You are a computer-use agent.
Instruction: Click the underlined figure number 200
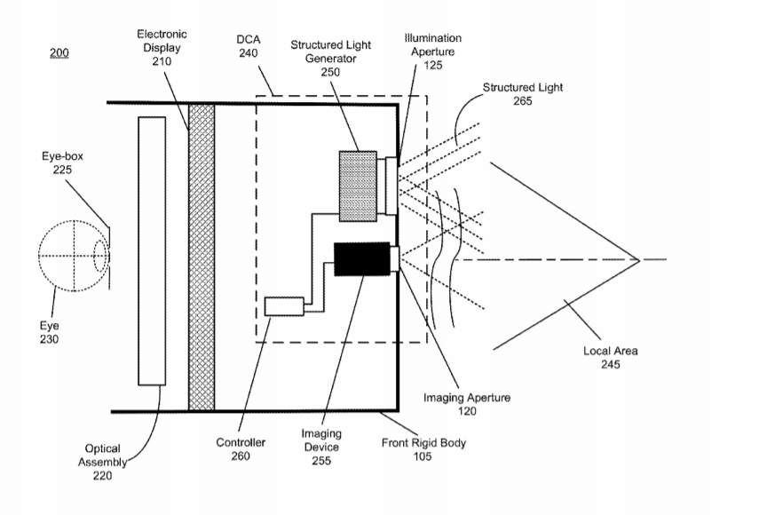59,52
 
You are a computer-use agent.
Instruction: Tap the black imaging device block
362,259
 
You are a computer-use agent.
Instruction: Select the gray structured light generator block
359,186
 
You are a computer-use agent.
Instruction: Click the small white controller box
284,306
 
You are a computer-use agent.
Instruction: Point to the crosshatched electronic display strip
202,257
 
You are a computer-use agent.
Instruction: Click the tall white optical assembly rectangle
152,250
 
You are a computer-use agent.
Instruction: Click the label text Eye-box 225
62,162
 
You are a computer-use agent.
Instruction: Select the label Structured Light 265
523,94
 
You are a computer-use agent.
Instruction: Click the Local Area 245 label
611,357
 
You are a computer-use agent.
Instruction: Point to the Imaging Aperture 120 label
467,404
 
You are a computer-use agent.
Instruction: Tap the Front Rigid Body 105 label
423,449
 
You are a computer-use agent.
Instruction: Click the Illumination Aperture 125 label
432,51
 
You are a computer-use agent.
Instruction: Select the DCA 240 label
249,46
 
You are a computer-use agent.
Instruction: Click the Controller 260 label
241,448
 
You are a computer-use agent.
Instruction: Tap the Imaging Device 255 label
321,447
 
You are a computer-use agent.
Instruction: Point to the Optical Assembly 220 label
102,462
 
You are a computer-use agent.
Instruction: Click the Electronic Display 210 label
162,47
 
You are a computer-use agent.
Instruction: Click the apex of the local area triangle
640,260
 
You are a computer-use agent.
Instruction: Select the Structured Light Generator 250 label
330,58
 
